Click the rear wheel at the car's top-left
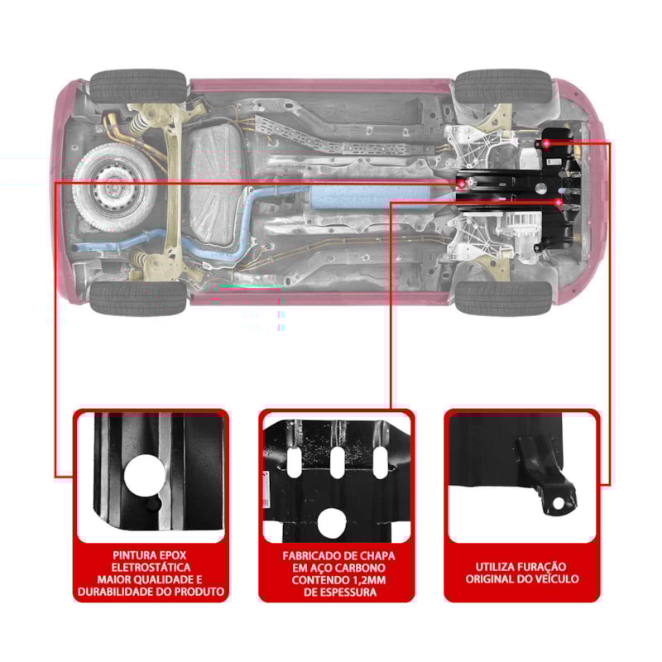pyautogui.click(x=137, y=85)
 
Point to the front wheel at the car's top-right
pyautogui.click(x=502, y=86)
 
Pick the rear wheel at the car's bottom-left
pyautogui.click(x=137, y=299)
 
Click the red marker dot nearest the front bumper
pyautogui.click(x=548, y=144)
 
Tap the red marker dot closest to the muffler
pyautogui.click(x=462, y=181)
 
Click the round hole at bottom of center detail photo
pyautogui.click(x=332, y=522)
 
